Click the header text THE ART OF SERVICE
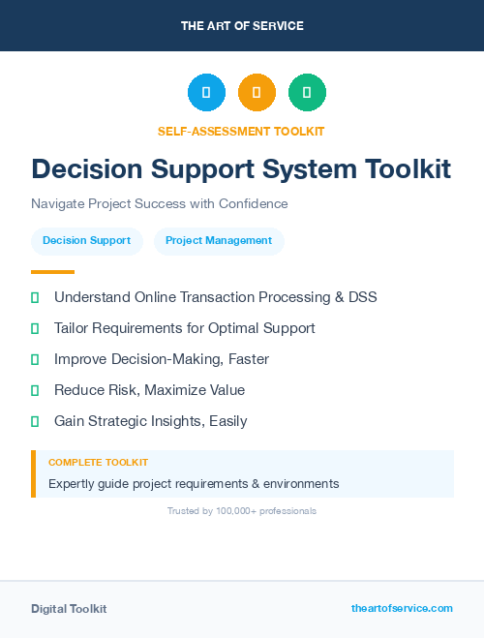click(x=242, y=26)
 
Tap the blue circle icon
click(x=206, y=93)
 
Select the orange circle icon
click(x=257, y=93)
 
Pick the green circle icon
click(x=307, y=93)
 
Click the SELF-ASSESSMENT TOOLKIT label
click(x=241, y=131)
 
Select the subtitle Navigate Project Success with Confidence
click(x=160, y=203)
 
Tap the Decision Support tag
click(x=87, y=241)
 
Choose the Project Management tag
click(x=219, y=241)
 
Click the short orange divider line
click(x=52, y=272)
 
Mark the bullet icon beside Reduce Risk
click(x=35, y=390)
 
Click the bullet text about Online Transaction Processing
click(x=215, y=297)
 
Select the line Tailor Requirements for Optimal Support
click(x=184, y=328)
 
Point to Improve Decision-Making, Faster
click(x=161, y=359)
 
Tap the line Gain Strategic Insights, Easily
click(x=150, y=421)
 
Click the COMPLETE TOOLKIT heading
click(x=98, y=463)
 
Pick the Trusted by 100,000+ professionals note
click(x=242, y=510)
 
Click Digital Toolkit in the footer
click(x=69, y=609)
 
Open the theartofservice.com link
click(x=402, y=608)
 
